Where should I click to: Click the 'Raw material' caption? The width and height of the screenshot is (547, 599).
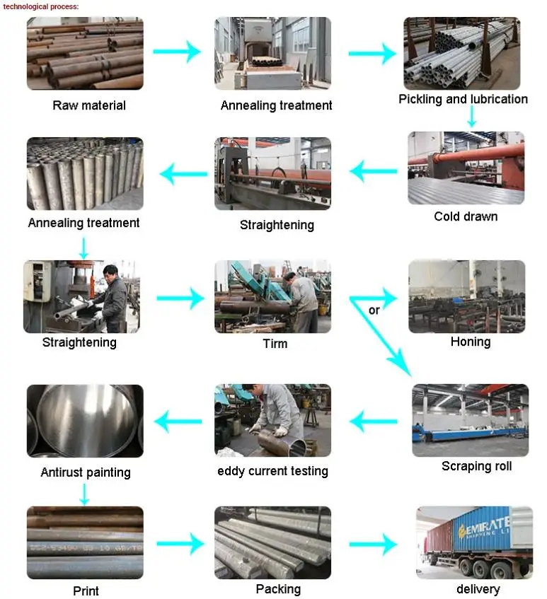[89, 105]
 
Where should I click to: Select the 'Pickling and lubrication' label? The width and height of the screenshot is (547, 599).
[463, 99]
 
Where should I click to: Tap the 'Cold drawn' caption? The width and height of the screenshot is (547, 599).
[466, 216]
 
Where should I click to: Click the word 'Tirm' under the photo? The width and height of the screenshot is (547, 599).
[275, 344]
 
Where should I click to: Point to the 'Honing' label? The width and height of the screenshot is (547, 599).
[471, 342]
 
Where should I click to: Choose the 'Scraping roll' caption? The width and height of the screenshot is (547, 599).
[476, 466]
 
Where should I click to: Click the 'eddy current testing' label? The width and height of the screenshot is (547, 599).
[272, 470]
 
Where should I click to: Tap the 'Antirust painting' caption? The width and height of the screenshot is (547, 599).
[86, 472]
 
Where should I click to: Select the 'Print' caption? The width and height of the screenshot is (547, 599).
[86, 591]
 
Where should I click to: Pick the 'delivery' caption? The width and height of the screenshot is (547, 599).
[478, 589]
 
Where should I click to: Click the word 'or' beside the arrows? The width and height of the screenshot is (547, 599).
[374, 310]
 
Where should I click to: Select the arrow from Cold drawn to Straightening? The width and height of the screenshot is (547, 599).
[374, 170]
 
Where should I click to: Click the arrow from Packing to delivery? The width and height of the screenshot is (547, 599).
[373, 544]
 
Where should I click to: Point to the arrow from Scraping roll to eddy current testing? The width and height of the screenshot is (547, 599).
[373, 422]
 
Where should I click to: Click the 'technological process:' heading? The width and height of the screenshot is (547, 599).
[41, 6]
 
